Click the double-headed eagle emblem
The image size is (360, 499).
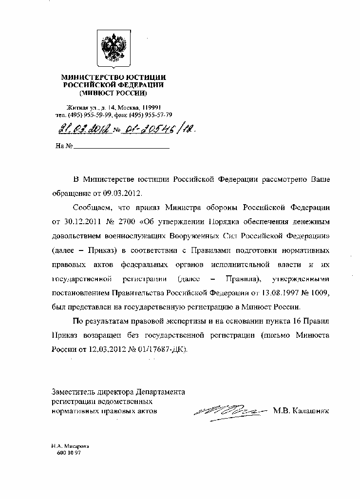click(x=114, y=49)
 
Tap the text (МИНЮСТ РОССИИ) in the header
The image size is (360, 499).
click(x=113, y=92)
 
